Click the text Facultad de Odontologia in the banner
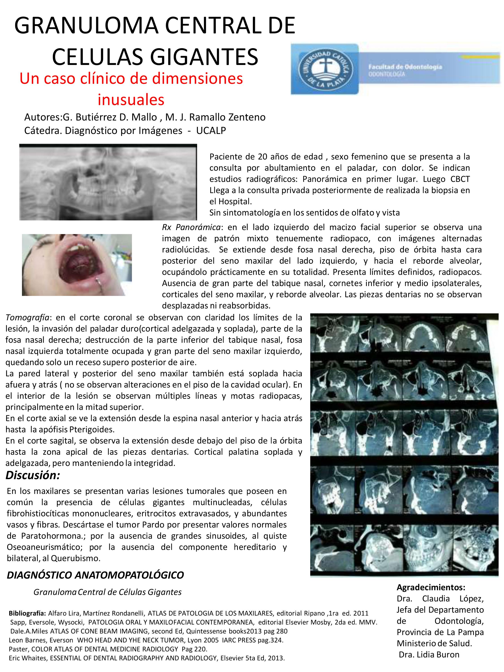coord(405,67)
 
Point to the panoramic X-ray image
coord(108,182)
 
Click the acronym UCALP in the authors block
coord(211,130)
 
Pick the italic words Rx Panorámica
coord(191,227)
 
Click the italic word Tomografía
coord(27,317)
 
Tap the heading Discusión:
coord(33,475)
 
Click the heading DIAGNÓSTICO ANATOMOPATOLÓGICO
coord(95,575)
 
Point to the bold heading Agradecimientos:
coord(431,587)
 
